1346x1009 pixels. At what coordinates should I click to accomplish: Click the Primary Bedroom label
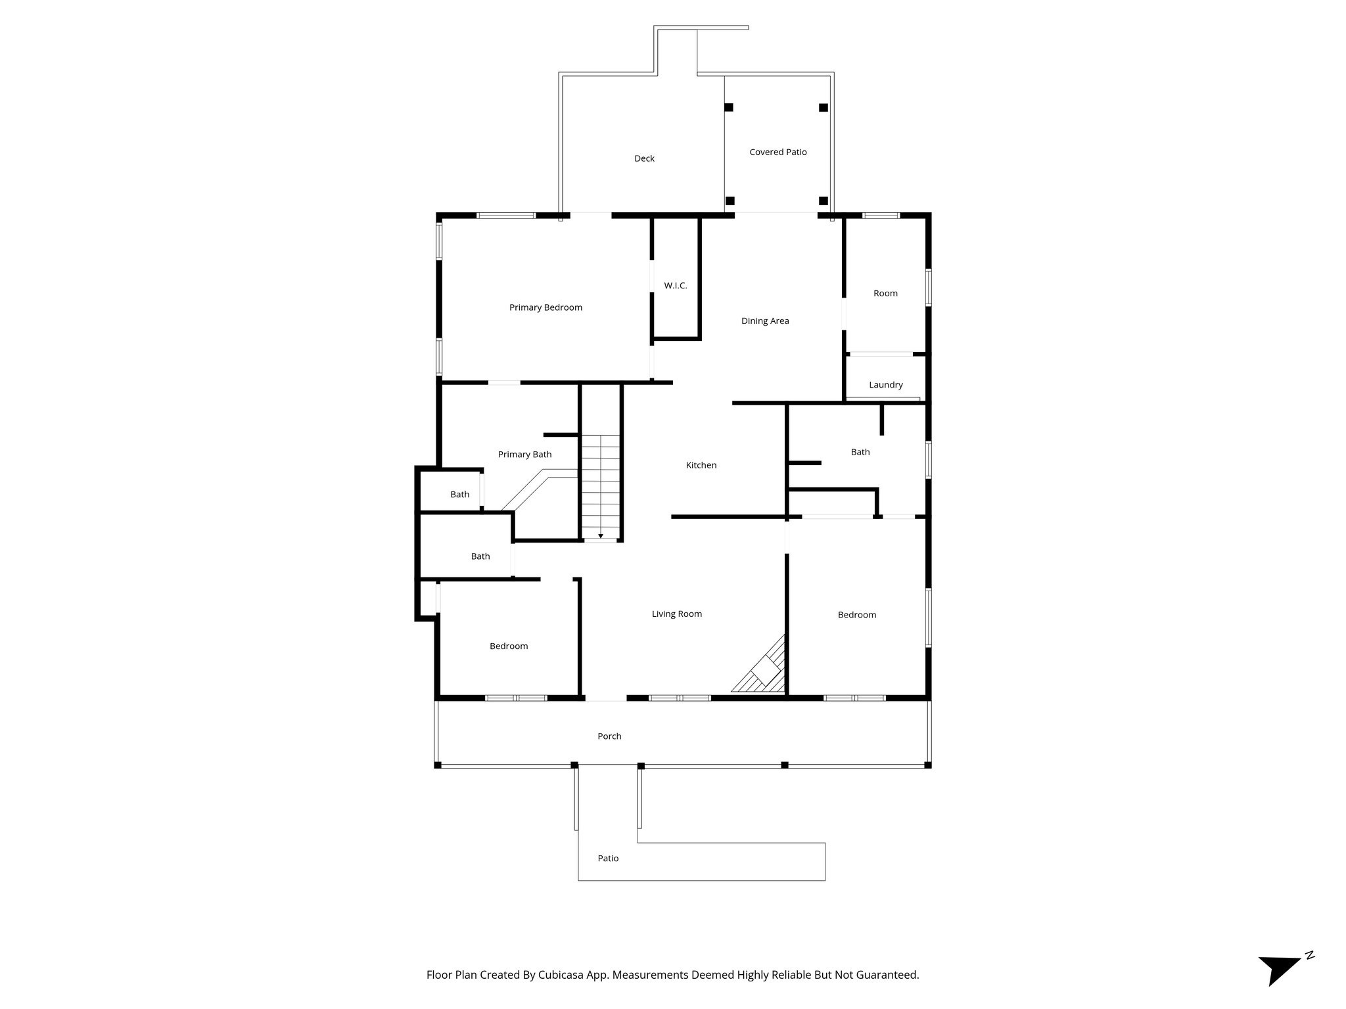[x=545, y=307]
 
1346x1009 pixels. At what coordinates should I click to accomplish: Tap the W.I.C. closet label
[x=675, y=286]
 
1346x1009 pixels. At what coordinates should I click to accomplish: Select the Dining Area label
[x=765, y=321]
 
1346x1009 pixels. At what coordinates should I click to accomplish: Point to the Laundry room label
[x=885, y=385]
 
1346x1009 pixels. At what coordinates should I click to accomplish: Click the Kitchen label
[x=701, y=465]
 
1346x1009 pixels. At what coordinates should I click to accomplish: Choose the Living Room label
[x=676, y=614]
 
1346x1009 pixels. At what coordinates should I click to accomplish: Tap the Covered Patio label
[x=777, y=152]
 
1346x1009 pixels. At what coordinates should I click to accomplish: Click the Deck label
[x=644, y=158]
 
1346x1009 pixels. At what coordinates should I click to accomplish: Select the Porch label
[x=609, y=736]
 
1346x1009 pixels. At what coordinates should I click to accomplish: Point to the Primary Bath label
[x=524, y=455]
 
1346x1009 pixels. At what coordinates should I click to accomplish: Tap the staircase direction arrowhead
[x=601, y=536]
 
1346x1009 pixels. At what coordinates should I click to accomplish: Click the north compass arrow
[x=1278, y=968]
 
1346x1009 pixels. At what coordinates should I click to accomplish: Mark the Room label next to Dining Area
[x=885, y=294]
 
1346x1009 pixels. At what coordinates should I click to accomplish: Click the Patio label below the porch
[x=608, y=859]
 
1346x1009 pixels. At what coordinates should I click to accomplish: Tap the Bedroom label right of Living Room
[x=856, y=615]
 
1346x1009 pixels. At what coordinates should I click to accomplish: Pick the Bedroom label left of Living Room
[x=509, y=646]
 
